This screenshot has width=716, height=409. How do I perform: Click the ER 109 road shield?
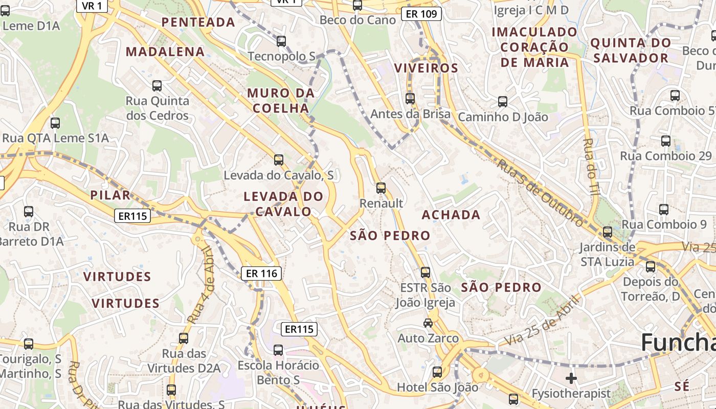[421, 14]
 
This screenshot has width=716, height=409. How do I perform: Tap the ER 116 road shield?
[261, 274]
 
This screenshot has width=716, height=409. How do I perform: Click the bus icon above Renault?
[381, 188]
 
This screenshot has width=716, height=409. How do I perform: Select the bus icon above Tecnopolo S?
[281, 41]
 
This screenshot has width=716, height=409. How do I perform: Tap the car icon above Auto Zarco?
[428, 323]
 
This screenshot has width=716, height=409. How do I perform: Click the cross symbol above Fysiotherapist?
[571, 378]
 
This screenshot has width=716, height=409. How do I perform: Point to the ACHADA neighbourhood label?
[451, 215]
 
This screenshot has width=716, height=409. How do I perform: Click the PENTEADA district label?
[198, 22]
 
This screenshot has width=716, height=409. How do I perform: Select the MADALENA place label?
[165, 52]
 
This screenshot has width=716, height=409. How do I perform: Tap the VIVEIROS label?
[426, 68]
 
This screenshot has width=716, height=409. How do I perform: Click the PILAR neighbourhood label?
[110, 195]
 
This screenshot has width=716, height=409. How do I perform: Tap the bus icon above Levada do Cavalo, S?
[279, 160]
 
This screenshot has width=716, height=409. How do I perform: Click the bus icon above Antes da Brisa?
[410, 98]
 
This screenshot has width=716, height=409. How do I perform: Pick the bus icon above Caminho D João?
[503, 102]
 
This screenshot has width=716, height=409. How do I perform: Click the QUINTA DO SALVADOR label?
[631, 50]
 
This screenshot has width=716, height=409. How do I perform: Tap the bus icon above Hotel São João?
[437, 372]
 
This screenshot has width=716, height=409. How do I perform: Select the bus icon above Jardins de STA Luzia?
[608, 232]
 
